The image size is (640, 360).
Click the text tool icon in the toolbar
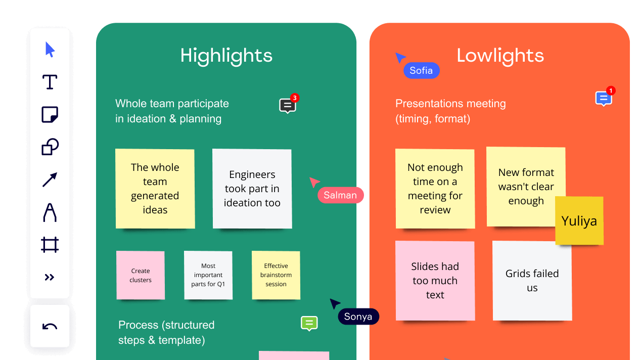click(50, 82)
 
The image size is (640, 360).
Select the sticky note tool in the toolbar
click(50, 115)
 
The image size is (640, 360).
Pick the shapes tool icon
click(50, 147)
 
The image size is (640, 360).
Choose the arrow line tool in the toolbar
click(50, 179)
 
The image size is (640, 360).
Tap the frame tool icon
click(50, 245)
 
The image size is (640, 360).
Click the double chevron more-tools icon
click(49, 277)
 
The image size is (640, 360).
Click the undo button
click(50, 326)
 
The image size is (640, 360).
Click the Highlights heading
click(226, 56)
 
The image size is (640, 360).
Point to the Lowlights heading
click(500, 56)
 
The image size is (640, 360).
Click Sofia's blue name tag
click(422, 70)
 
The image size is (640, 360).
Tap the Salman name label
click(340, 195)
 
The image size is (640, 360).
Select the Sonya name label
click(358, 317)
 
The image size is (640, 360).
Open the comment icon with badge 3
click(288, 106)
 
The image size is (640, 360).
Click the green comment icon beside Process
click(309, 324)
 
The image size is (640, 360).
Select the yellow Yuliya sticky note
click(579, 220)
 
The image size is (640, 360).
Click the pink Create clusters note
click(141, 275)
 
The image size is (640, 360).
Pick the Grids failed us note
click(532, 281)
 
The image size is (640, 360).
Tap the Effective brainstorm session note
click(276, 275)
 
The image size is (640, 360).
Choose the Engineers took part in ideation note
click(252, 189)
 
